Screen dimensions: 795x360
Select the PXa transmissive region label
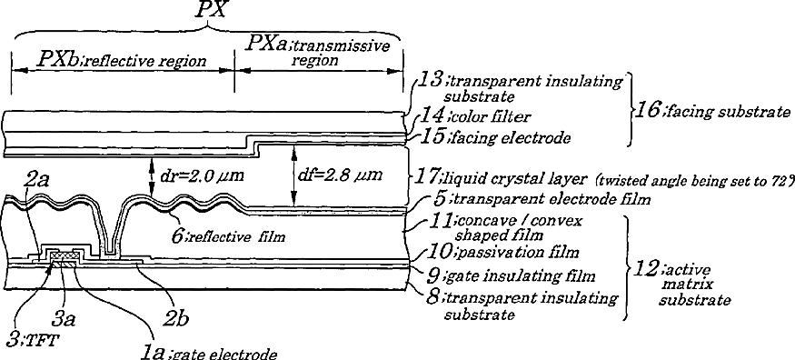318,52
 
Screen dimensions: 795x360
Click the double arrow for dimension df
293,176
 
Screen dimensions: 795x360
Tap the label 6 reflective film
229,235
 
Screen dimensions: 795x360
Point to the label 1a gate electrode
208,352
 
